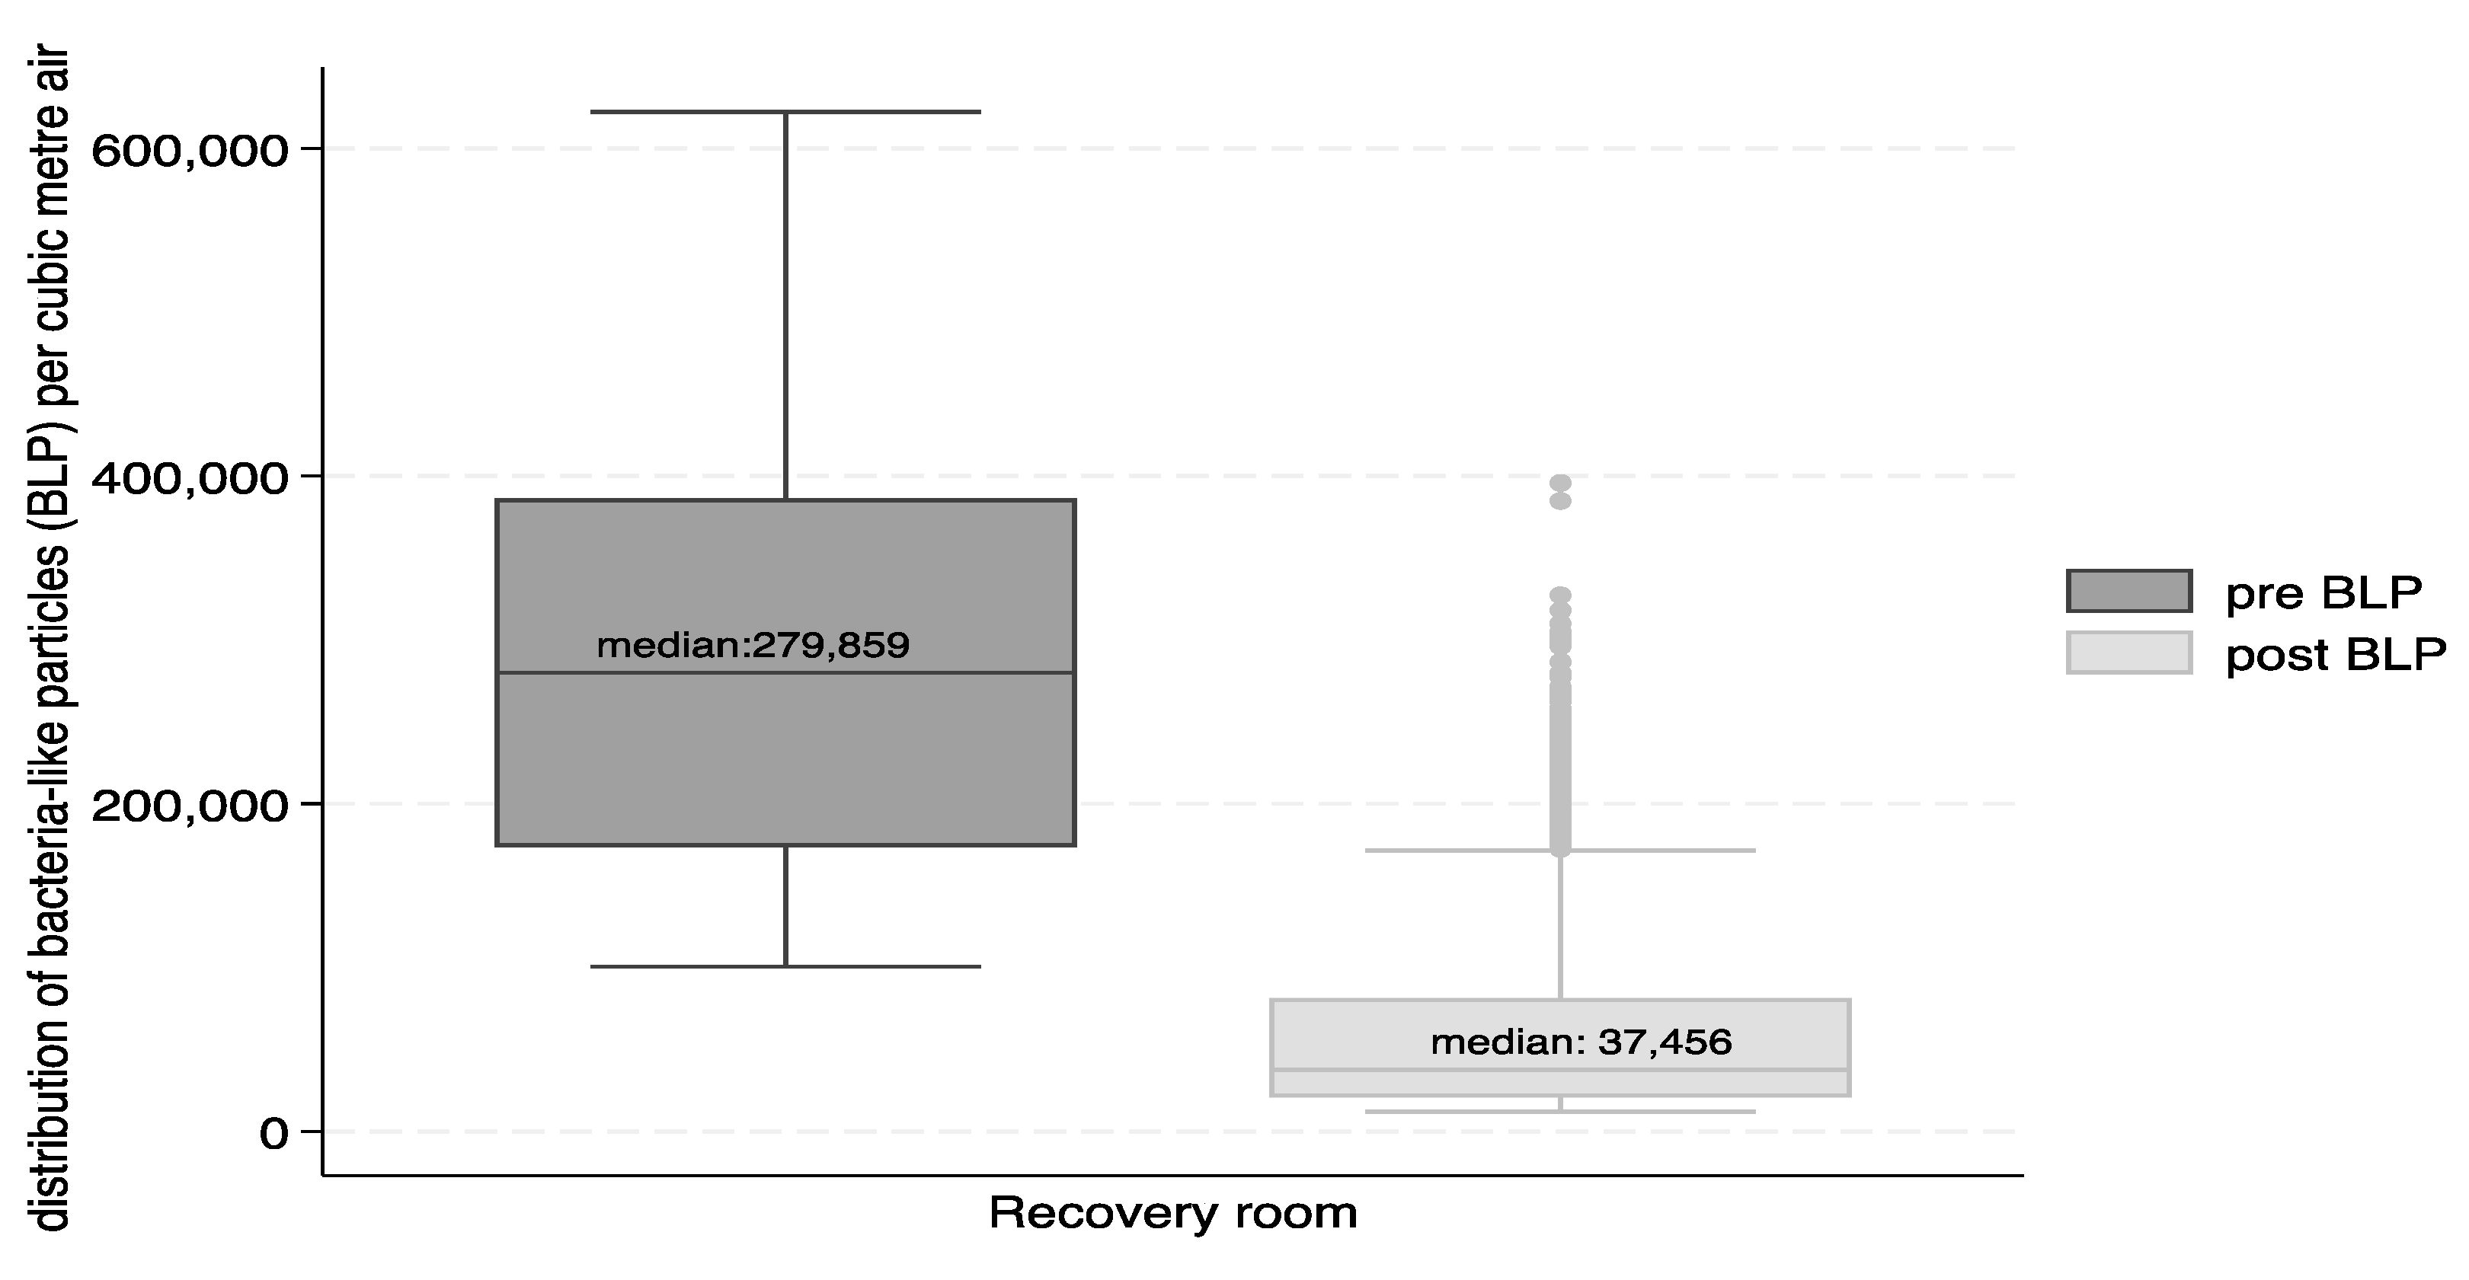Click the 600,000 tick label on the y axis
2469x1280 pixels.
pos(190,152)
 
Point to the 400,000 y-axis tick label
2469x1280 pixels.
pos(190,479)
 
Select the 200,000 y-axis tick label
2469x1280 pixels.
pos(190,806)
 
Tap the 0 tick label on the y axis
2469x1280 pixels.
pos(274,1135)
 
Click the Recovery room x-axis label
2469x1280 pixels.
pos(1173,1213)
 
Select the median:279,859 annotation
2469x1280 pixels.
pos(753,646)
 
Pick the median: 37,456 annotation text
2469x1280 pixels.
pos(1582,1042)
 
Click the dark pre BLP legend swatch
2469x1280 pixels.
pos(2128,591)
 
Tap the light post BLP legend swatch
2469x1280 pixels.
pos(2128,653)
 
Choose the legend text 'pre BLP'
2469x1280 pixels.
pos(2324,594)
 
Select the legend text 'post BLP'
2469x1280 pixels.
pos(2336,656)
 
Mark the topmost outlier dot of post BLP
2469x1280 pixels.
pos(1560,482)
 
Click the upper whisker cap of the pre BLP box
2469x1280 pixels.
pos(785,112)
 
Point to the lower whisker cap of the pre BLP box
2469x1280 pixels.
pos(785,966)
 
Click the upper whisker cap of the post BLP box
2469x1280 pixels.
pos(1560,850)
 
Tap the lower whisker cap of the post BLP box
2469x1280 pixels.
pos(1560,1112)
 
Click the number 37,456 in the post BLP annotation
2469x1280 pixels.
pos(1665,1042)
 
